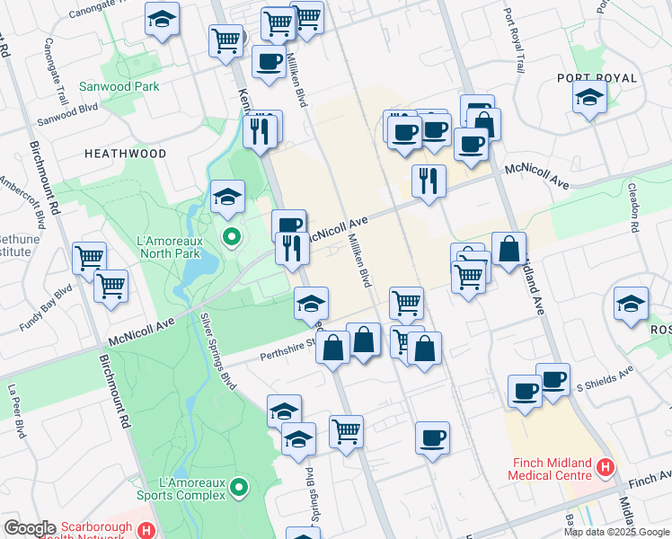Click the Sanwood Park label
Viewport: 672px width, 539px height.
pyautogui.click(x=132, y=86)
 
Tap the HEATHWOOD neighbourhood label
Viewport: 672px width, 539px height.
pyautogui.click(x=125, y=154)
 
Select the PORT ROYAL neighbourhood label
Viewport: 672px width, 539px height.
pyautogui.click(x=597, y=78)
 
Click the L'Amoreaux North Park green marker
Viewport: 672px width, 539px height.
pyautogui.click(x=231, y=237)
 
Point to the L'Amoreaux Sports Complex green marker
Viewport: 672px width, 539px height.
pyautogui.click(x=239, y=488)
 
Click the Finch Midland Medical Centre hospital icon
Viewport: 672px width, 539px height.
pyautogui.click(x=606, y=467)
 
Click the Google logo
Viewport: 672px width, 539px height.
pyautogui.click(x=29, y=528)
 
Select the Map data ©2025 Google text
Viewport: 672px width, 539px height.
pyautogui.click(x=616, y=532)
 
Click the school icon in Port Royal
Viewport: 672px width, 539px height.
pyautogui.click(x=589, y=99)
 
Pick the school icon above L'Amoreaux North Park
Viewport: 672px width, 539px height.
pyautogui.click(x=228, y=196)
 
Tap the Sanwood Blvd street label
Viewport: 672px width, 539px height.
pyautogui.click(x=67, y=120)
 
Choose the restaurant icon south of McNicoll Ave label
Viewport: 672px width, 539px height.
pyautogui.click(x=292, y=248)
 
